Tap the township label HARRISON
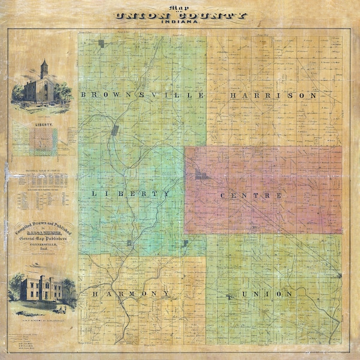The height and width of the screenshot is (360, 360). (x=273, y=95)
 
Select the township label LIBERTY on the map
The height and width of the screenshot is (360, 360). (x=131, y=193)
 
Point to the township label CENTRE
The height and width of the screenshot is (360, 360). (x=251, y=196)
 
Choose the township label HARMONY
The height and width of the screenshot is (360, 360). (x=130, y=294)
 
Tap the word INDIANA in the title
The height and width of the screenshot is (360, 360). (x=179, y=23)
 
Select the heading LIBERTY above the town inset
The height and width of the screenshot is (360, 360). (x=43, y=126)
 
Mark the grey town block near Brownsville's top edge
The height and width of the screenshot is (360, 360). (x=101, y=44)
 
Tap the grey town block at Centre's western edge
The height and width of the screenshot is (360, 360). (x=198, y=175)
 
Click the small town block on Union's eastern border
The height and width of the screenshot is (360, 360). (x=340, y=275)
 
